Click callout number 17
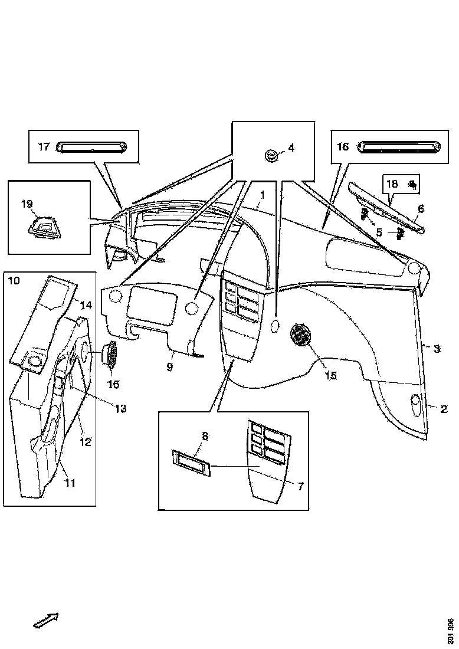tap(44, 147)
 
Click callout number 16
tap(343, 146)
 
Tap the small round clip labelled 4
tap(271, 155)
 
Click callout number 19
tap(27, 205)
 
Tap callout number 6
tap(421, 208)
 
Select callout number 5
tap(379, 232)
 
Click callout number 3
tap(437, 349)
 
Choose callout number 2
tap(443, 408)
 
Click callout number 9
tap(169, 367)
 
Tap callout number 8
tap(205, 437)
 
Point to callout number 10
tap(13, 280)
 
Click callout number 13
tap(120, 408)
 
